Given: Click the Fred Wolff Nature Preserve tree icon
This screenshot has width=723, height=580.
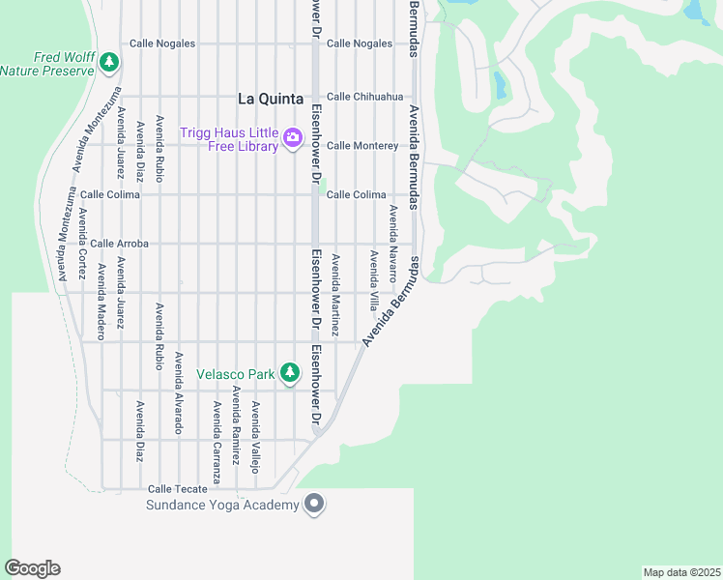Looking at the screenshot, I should tap(109, 63).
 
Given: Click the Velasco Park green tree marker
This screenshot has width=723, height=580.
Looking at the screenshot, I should tap(289, 373).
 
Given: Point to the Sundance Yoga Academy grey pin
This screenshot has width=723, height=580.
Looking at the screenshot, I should tap(313, 504).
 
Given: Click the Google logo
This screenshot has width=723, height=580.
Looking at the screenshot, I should tap(32, 568).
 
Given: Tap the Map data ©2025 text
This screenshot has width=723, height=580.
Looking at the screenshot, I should tap(681, 571).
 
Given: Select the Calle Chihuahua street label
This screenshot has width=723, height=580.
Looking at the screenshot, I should tap(364, 97).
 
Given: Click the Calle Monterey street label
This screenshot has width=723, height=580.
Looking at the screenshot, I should tap(362, 146).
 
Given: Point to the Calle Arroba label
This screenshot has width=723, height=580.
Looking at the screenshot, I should tap(120, 245).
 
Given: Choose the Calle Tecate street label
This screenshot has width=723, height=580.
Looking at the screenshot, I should tap(178, 489).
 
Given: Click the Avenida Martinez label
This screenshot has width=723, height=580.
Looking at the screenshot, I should tap(335, 296).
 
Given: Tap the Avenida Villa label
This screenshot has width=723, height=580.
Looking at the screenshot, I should tap(373, 281).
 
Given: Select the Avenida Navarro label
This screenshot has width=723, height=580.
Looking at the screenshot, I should tap(393, 243).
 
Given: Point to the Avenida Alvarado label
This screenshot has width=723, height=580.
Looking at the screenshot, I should tap(178, 392).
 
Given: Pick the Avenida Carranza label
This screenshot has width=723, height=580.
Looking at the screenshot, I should tap(217, 443).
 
